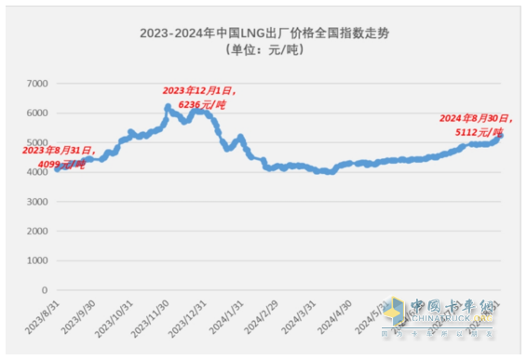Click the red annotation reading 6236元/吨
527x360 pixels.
[196, 104]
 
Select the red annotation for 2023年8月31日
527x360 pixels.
[58, 150]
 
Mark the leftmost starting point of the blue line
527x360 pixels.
[57, 169]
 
